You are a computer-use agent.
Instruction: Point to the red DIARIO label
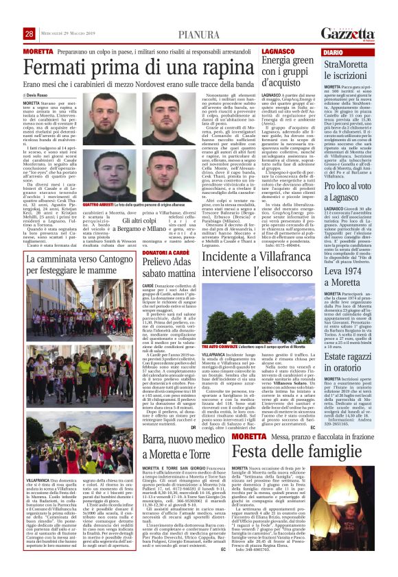coord(333,52)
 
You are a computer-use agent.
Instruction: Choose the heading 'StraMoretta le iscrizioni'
coord(355,71)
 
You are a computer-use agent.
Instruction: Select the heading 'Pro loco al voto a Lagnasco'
coord(354,175)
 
